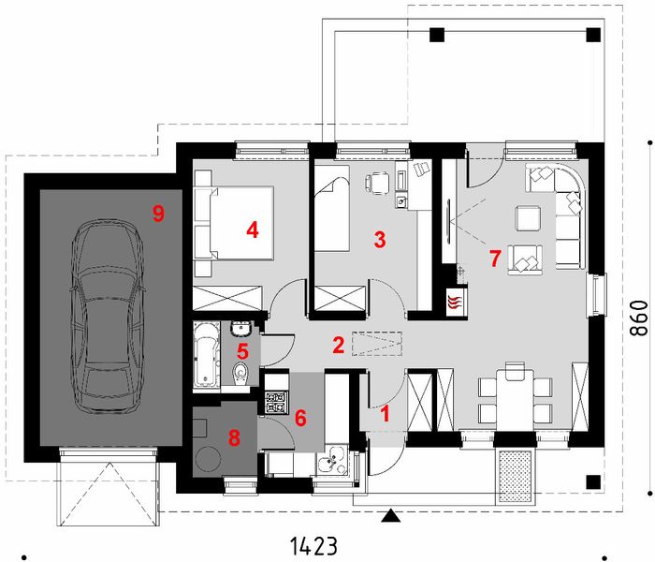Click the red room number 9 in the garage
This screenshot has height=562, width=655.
pyautogui.click(x=158, y=214)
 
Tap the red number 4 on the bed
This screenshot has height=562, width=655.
pyautogui.click(x=250, y=229)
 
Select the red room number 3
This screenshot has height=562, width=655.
pyautogui.click(x=379, y=240)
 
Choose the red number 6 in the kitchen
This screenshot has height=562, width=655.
pyautogui.click(x=300, y=418)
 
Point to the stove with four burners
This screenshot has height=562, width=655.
pyautogui.click(x=275, y=404)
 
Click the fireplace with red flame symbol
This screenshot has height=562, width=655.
pyautogui.click(x=454, y=302)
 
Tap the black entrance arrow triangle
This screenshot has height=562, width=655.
pyautogui.click(x=391, y=514)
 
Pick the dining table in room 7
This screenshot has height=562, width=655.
pyautogui.click(x=512, y=393)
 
